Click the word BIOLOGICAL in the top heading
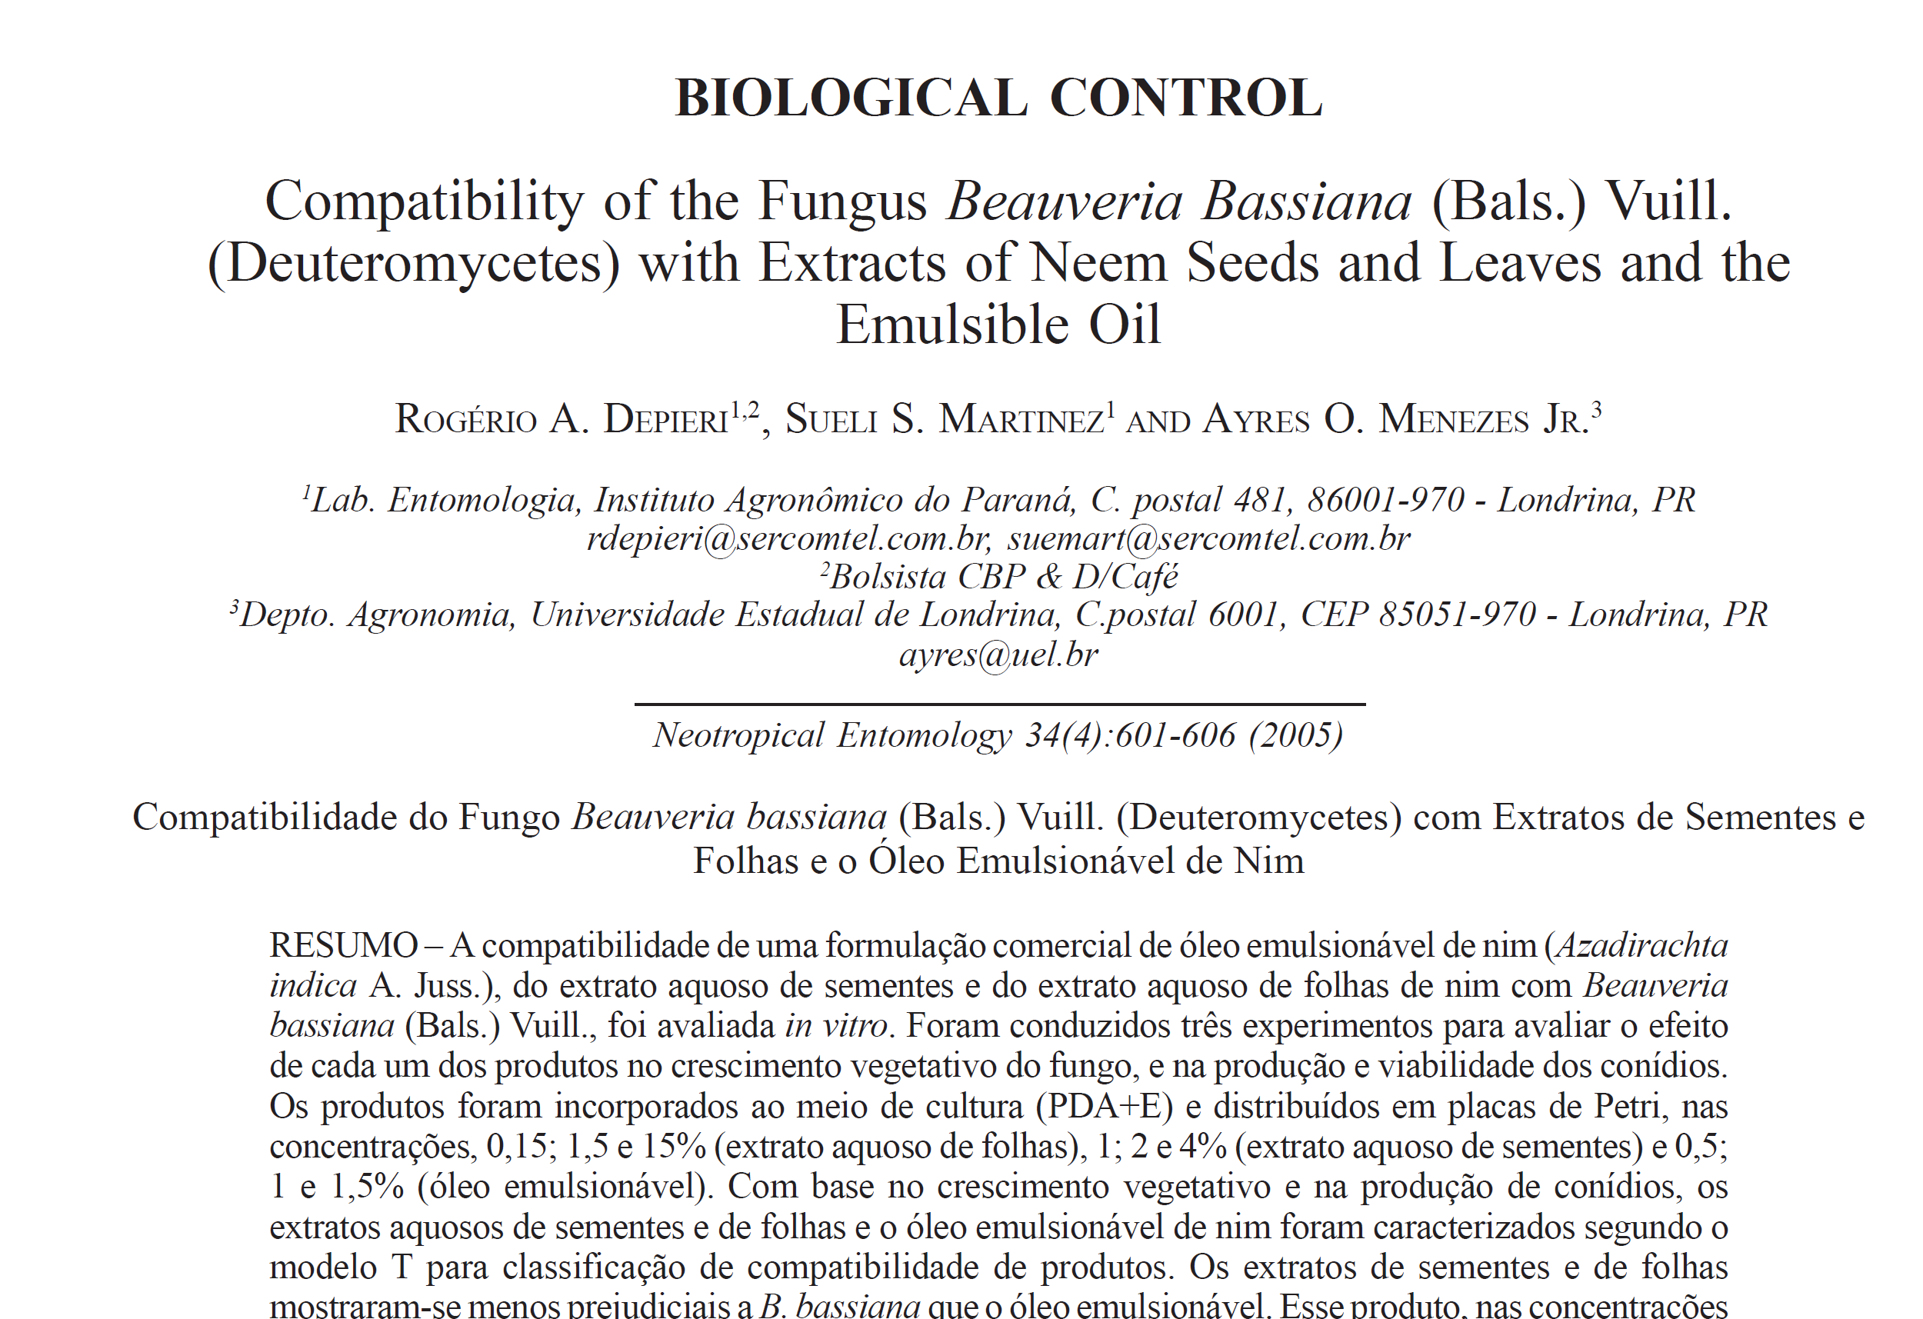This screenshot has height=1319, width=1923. [x=852, y=98]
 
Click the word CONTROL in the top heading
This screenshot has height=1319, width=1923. [x=1186, y=98]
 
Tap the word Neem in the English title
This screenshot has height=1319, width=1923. [x=1098, y=263]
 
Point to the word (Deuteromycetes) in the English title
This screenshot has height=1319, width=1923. [x=413, y=263]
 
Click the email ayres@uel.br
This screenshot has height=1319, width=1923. [x=998, y=655]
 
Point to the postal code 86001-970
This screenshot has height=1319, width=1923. [x=1385, y=500]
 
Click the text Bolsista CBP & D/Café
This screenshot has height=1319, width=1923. [x=1003, y=577]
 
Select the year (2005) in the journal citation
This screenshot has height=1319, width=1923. [x=1296, y=734]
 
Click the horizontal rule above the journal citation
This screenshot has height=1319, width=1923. [x=999, y=704]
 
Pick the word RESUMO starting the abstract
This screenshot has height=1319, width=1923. [x=343, y=945]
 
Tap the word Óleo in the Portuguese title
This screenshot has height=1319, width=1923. [x=906, y=861]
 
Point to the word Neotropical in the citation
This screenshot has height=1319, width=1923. [x=738, y=734]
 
